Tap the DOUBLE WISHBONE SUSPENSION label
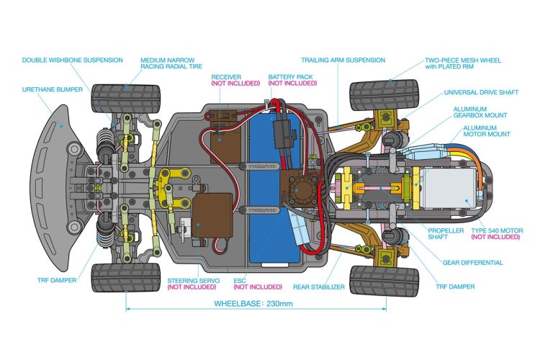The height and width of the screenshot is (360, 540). pos(72,60)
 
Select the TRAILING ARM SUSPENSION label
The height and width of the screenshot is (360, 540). pos(343,60)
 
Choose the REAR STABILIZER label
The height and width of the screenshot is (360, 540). pos(319,287)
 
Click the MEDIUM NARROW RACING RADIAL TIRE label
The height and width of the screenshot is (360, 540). pos(171,63)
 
